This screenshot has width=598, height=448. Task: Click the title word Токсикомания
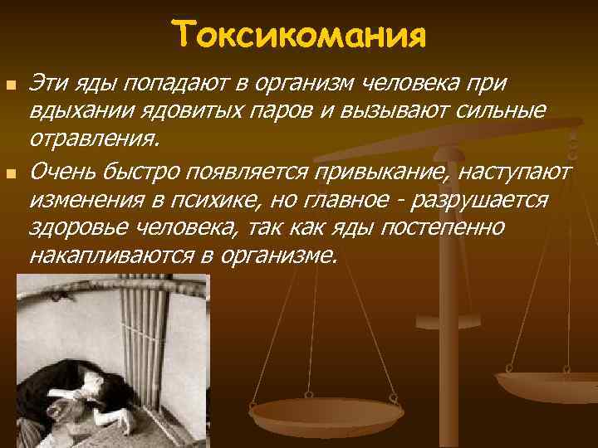tap(300, 35)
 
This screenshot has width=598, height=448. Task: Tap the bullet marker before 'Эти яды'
tap(10, 85)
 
